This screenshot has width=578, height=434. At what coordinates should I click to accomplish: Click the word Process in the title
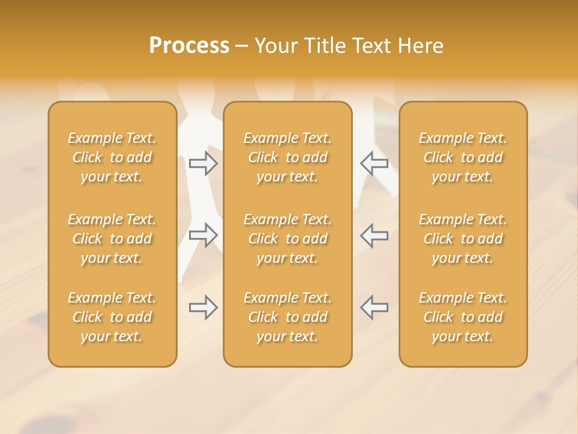(x=189, y=46)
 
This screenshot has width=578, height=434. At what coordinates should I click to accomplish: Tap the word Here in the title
(x=420, y=46)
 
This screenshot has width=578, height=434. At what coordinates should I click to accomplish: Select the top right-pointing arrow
(x=204, y=163)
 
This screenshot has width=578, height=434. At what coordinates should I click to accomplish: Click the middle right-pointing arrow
(x=204, y=234)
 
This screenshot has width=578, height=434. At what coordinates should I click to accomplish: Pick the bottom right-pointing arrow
(x=204, y=307)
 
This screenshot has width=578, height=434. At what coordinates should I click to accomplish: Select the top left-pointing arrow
(x=374, y=163)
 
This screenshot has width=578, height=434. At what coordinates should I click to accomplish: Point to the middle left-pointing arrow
(x=374, y=234)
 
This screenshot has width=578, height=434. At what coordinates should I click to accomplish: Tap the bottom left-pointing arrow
(x=374, y=307)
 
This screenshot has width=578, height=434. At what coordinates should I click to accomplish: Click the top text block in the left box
(x=112, y=157)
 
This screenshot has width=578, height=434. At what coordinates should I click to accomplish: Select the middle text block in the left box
(x=112, y=239)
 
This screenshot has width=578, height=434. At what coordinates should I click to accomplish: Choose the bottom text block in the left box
(x=112, y=317)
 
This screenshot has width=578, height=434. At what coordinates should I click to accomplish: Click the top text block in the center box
(x=287, y=157)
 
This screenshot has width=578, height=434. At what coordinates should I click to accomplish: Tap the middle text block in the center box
(x=287, y=239)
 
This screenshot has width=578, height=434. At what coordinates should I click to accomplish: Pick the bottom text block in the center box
(x=287, y=317)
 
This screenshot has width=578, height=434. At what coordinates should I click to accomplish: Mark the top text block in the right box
(x=463, y=157)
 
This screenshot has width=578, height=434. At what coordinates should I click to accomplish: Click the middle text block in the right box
(x=463, y=239)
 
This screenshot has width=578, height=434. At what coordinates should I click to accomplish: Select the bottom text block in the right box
(x=463, y=317)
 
